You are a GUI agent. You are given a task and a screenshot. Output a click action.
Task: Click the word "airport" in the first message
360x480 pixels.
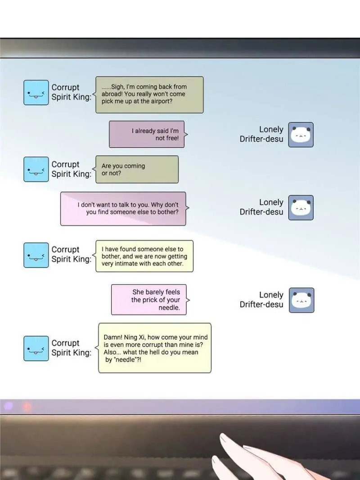pyautogui.click(x=162, y=102)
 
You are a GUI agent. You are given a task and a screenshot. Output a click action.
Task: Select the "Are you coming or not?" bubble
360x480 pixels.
pyautogui.click(x=137, y=169)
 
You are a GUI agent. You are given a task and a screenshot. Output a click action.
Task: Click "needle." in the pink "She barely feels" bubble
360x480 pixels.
pyautogui.click(x=169, y=308)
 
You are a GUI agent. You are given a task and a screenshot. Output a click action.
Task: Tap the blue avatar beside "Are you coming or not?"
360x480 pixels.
pyautogui.click(x=36, y=169)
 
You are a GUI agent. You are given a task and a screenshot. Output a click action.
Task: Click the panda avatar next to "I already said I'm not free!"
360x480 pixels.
pyautogui.click(x=301, y=135)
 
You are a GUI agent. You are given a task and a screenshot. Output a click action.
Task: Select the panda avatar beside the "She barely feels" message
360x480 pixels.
pyautogui.click(x=301, y=300)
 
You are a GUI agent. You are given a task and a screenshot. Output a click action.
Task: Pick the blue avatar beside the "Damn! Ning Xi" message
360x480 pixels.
pyautogui.click(x=36, y=348)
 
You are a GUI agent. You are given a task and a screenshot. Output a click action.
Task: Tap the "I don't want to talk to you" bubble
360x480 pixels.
pyautogui.click(x=123, y=208)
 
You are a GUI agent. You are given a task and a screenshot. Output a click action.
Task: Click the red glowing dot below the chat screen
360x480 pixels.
pyautogui.click(x=27, y=407)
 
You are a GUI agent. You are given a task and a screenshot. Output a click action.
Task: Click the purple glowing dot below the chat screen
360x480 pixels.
pyautogui.click(x=8, y=407)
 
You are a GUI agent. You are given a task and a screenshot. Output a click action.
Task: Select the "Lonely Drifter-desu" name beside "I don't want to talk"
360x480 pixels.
pyautogui.click(x=261, y=207)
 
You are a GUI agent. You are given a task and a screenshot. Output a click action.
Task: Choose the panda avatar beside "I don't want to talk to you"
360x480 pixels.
pyautogui.click(x=301, y=207)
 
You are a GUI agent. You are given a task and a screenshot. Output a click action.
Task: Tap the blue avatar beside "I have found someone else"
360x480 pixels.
pyautogui.click(x=36, y=255)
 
